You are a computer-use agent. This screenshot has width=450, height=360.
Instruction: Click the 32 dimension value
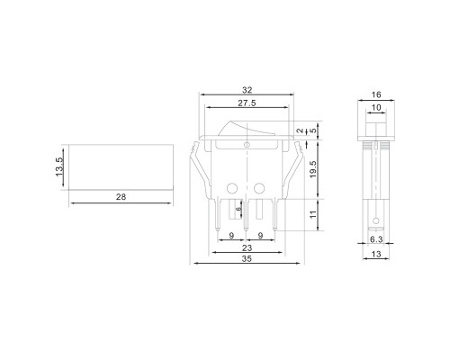click(247, 90)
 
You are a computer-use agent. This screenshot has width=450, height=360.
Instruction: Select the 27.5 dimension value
click(247, 103)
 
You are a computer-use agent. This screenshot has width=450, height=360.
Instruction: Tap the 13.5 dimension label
click(59, 167)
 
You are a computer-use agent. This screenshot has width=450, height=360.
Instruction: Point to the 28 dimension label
click(121, 197)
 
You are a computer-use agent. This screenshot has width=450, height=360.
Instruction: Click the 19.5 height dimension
click(313, 169)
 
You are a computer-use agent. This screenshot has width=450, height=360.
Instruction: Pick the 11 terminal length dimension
click(313, 215)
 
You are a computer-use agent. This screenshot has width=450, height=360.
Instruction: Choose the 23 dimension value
click(247, 248)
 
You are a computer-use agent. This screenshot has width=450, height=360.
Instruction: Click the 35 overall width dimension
click(247, 258)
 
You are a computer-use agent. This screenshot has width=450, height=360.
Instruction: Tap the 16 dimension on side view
click(376, 94)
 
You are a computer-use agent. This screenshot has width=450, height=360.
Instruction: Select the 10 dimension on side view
click(376, 107)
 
